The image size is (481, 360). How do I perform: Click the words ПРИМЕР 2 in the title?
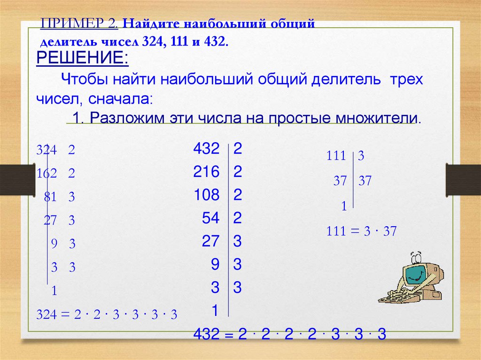pyautogui.click(x=80, y=23)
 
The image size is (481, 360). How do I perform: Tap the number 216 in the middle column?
pyautogui.click(x=206, y=172)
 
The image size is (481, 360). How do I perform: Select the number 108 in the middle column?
pyautogui.click(x=206, y=195)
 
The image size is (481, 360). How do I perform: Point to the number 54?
pyautogui.click(x=211, y=218)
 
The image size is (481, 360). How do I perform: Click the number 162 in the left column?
pyautogui.click(x=47, y=174)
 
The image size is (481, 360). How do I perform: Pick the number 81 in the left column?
pyautogui.click(x=50, y=198)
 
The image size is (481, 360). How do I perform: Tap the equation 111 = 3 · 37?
pyautogui.click(x=362, y=231)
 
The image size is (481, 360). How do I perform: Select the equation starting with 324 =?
pyautogui.click(x=107, y=314)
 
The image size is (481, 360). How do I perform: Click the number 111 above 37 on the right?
pyautogui.click(x=336, y=156)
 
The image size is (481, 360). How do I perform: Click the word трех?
pyautogui.click(x=405, y=79)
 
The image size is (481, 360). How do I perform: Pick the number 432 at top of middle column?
pyautogui.click(x=206, y=149)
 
